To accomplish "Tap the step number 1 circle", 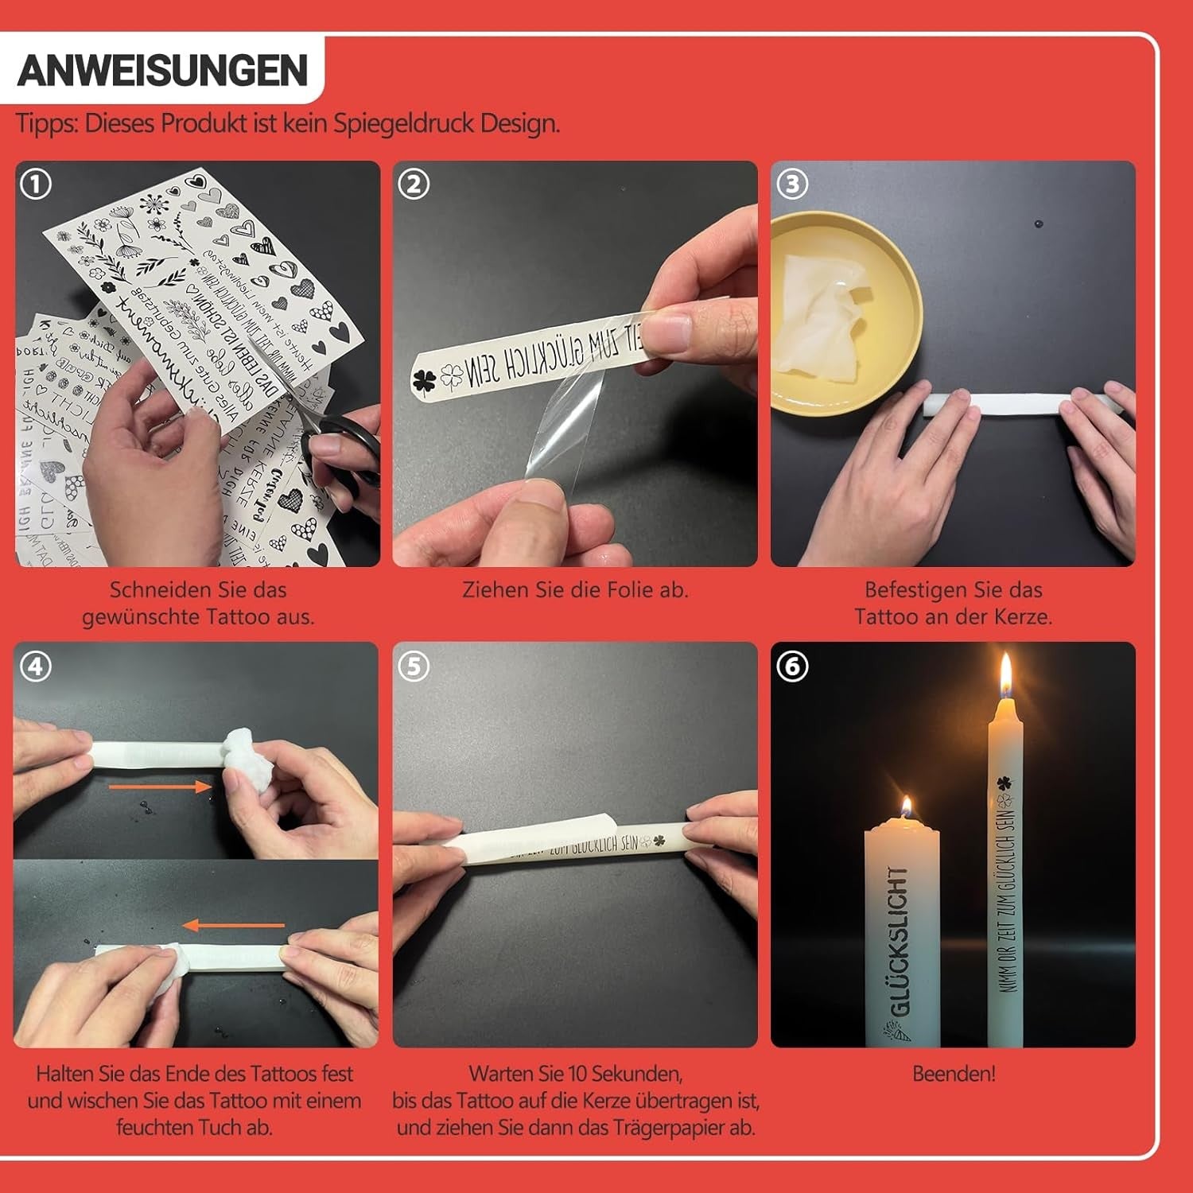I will tap(36, 185).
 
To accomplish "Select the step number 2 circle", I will tap(414, 185).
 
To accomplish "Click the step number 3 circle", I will tap(791, 185).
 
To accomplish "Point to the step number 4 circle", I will tap(36, 666).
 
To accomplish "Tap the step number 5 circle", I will tap(414, 666).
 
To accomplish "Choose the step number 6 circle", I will tap(791, 666).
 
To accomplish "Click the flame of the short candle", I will tap(905, 807).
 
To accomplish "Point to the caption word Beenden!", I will tap(953, 1074).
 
